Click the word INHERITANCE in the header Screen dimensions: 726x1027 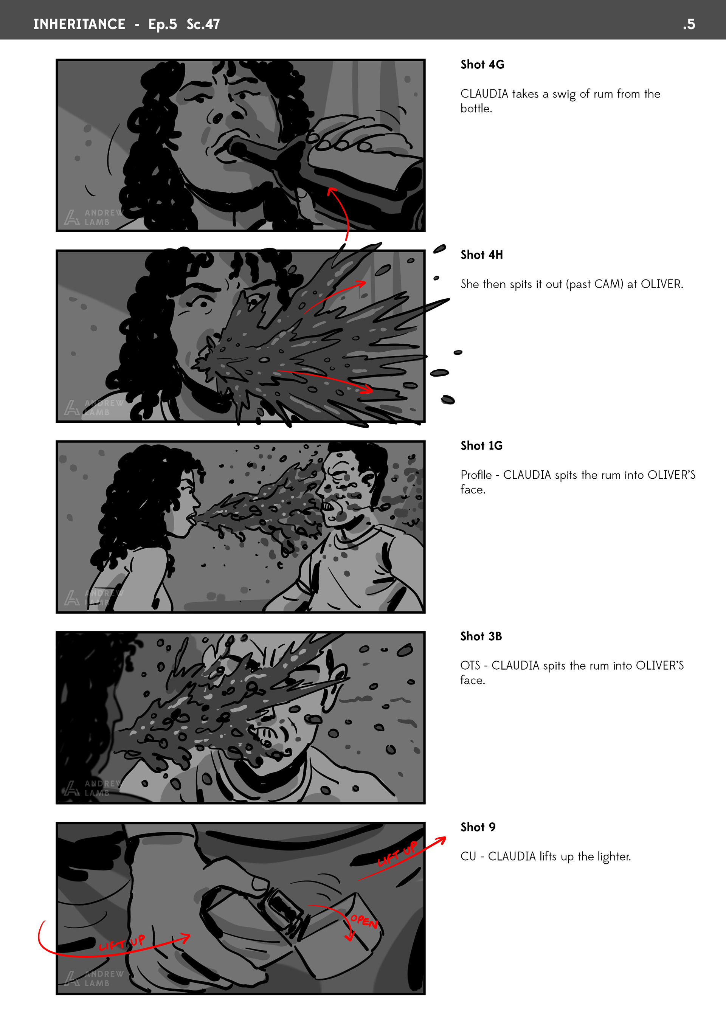pos(79,24)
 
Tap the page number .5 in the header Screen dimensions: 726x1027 pos(689,24)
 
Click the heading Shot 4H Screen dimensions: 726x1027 pos(482,255)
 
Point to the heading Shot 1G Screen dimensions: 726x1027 pos(481,445)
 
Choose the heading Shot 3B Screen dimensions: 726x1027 pos(481,636)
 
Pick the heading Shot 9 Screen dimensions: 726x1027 pos(478,827)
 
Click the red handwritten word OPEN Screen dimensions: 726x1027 pos(364,922)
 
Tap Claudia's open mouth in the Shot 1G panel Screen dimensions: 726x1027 pos(191,519)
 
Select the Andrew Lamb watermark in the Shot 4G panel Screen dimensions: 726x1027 pos(93,217)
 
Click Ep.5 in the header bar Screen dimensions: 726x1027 pos(162,24)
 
